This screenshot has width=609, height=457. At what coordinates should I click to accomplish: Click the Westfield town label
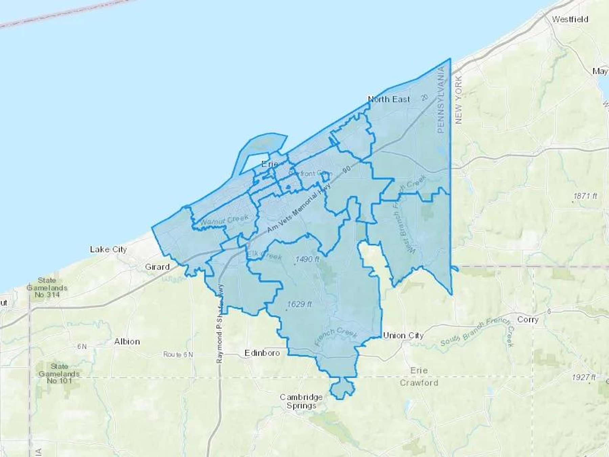click(570, 19)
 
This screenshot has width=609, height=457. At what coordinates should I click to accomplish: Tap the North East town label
click(389, 99)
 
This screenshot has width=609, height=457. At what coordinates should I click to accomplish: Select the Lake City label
click(108, 249)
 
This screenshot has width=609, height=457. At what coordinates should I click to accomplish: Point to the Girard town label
click(157, 267)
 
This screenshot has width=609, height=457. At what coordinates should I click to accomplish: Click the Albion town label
click(127, 342)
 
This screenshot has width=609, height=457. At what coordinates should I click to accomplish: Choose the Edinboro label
click(262, 353)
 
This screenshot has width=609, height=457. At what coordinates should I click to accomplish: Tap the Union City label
click(403, 335)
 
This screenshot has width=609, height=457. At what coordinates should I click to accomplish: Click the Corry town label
click(528, 320)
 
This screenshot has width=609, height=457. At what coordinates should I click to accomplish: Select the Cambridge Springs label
click(301, 401)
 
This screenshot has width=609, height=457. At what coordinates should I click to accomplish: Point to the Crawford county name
click(419, 383)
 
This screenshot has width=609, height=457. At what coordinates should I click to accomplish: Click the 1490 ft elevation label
click(307, 259)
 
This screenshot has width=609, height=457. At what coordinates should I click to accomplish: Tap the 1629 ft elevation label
click(299, 304)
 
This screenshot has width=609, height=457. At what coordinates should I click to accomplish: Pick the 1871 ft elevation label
click(585, 196)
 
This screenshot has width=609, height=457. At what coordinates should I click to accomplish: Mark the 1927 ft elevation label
click(584, 377)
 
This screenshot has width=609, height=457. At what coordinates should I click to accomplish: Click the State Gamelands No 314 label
click(47, 287)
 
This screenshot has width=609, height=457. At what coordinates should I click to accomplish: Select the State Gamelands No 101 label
click(59, 373)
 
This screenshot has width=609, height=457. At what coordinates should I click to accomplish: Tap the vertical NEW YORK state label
click(458, 100)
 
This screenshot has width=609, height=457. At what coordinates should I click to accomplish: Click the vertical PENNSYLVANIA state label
click(441, 100)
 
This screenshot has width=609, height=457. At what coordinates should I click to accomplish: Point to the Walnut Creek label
click(224, 220)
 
